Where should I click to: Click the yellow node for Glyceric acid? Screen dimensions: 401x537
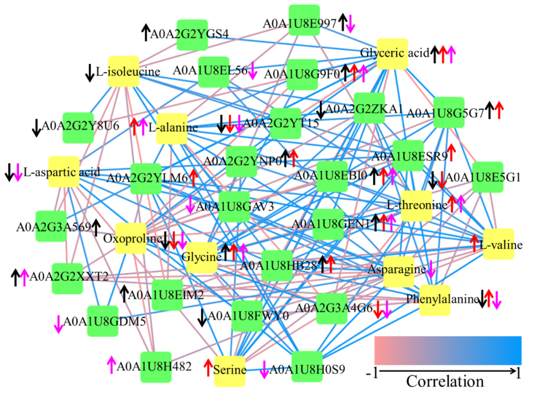click(x=392, y=54)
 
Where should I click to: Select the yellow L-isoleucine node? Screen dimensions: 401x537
click(x=123, y=72)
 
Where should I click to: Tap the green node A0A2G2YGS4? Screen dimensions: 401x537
click(x=192, y=35)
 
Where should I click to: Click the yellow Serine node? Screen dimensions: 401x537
click(x=230, y=371)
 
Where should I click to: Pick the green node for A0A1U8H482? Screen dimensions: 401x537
click(x=156, y=367)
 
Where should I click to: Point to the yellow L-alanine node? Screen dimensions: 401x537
click(x=172, y=128)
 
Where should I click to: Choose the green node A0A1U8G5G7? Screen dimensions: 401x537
click(x=448, y=112)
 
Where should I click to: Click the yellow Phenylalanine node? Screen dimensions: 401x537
click(x=435, y=300)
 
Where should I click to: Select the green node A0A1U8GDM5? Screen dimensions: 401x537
click(x=102, y=321)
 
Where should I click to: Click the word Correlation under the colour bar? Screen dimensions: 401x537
click(x=445, y=382)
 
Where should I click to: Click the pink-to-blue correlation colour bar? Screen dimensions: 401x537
click(x=447, y=350)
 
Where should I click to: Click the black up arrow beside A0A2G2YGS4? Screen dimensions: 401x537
click(x=145, y=32)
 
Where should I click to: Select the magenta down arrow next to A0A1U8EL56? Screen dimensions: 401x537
click(x=252, y=71)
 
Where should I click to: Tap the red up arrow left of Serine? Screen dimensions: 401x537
click(x=208, y=367)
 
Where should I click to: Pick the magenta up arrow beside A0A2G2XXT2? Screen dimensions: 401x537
click(x=24, y=276)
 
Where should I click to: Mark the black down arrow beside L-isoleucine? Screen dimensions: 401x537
click(x=89, y=73)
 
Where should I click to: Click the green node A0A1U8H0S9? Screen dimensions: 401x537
click(x=307, y=367)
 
